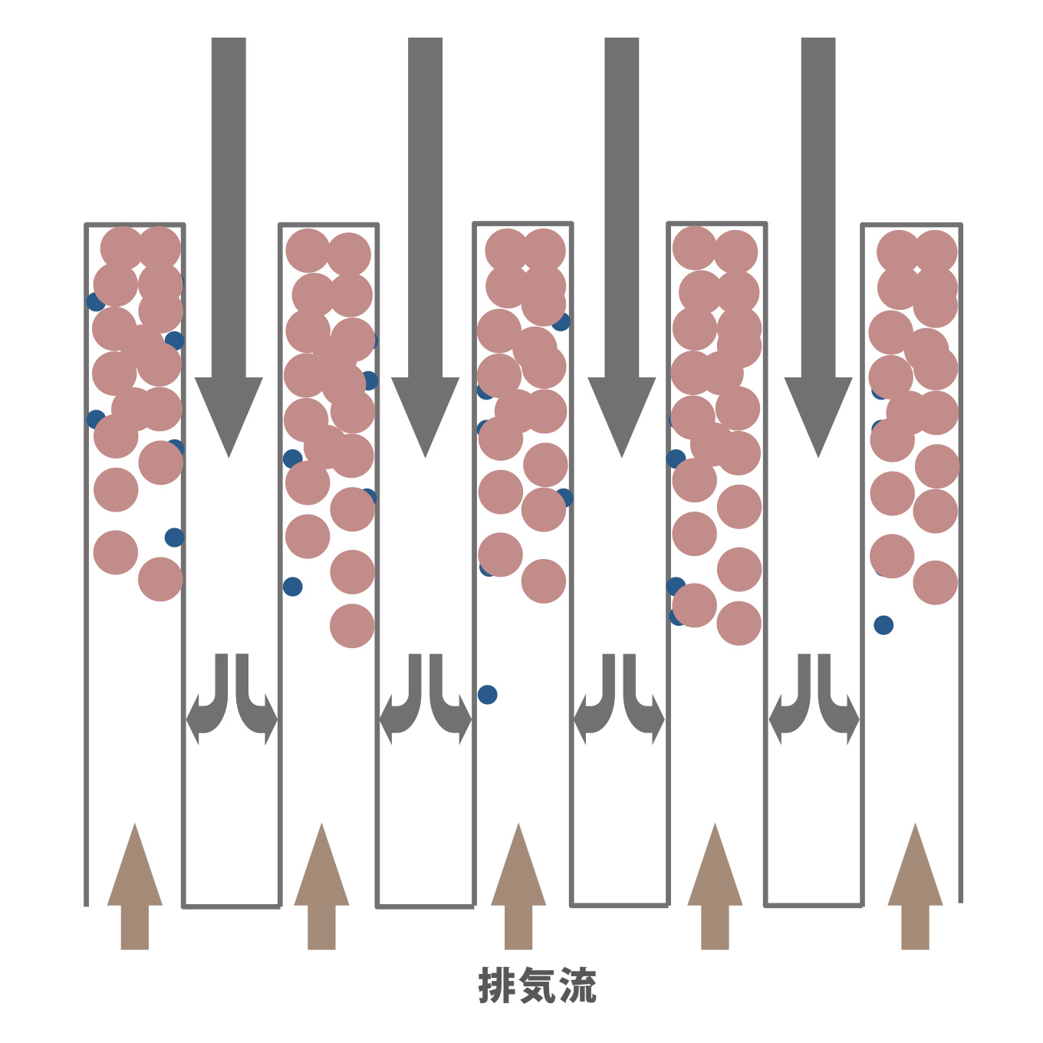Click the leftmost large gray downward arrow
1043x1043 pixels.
pyautogui.click(x=229, y=248)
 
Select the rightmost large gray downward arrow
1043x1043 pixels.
pyautogui.click(x=818, y=248)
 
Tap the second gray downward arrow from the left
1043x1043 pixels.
pyautogui.click(x=425, y=248)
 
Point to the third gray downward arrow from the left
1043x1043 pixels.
pyautogui.click(x=621, y=248)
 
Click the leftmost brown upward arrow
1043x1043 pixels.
pyautogui.click(x=135, y=886)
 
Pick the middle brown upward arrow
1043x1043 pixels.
pyautogui.click(x=518, y=886)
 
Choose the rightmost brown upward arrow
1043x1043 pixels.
pyautogui.click(x=915, y=886)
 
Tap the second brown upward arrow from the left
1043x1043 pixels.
pyautogui.click(x=321, y=886)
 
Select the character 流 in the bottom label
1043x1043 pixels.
pyautogui.click(x=577, y=985)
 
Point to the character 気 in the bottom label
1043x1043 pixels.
pyautogui.click(x=538, y=985)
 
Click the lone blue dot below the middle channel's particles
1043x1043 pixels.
pyautogui.click(x=487, y=694)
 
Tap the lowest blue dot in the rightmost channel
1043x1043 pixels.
pyautogui.click(x=883, y=625)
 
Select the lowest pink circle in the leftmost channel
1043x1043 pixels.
pyautogui.click(x=160, y=579)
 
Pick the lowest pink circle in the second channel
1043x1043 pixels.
pyautogui.click(x=352, y=626)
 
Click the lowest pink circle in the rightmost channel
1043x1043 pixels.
pyautogui.click(x=935, y=582)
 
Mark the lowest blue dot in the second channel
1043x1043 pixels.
pyautogui.click(x=292, y=587)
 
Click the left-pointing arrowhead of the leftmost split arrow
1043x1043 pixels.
pyautogui.click(x=192, y=720)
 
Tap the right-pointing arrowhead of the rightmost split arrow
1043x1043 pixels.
pyautogui.click(x=853, y=720)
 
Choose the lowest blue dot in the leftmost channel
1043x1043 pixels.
pyautogui.click(x=174, y=538)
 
